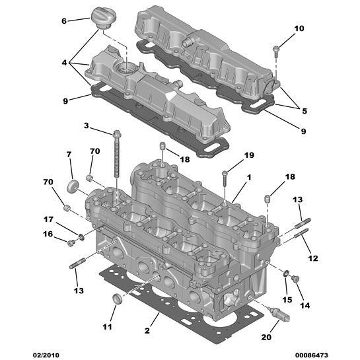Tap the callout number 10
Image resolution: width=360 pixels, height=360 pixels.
pos(299,28)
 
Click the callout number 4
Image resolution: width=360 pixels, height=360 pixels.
pos(65,63)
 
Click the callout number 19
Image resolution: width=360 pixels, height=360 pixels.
pos(248,155)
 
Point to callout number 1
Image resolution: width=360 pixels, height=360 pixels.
pos(249,177)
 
